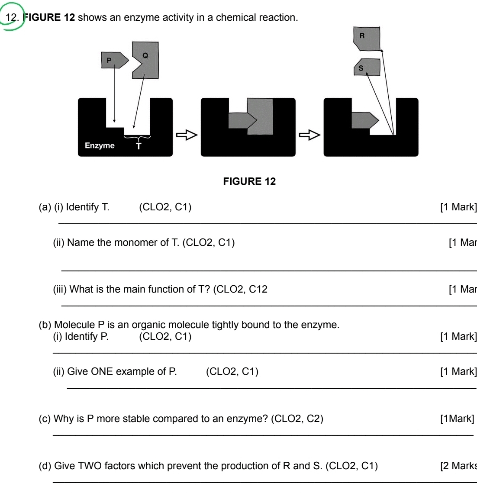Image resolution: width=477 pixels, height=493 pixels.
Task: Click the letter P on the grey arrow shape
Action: (109, 61)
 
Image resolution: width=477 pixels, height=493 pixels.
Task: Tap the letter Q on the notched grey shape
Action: (145, 55)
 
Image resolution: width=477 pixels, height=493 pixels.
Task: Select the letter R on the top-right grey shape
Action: (362, 36)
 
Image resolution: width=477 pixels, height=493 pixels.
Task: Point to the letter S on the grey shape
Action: (361, 68)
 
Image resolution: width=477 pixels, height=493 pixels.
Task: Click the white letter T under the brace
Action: (139, 146)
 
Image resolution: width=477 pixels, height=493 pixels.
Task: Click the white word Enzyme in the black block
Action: (100, 145)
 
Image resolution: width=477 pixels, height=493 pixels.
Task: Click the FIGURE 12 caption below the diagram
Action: (249, 181)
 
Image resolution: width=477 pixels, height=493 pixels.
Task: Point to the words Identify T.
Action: (87, 207)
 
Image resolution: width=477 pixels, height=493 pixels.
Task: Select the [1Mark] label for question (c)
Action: (457, 419)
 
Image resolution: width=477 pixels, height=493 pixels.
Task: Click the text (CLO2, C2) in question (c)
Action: (297, 419)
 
